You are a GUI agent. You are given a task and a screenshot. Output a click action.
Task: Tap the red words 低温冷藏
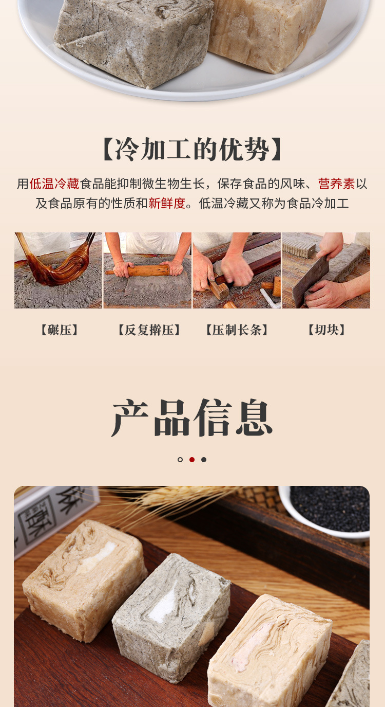(x=54, y=184)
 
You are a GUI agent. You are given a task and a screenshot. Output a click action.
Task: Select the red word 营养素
(x=336, y=184)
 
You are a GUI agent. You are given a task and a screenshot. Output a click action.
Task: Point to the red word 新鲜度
(x=167, y=203)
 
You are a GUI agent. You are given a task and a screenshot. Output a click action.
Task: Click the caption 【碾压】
(x=60, y=330)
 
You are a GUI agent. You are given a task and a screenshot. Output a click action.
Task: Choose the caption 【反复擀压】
(x=149, y=330)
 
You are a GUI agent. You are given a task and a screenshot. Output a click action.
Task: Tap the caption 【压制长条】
(x=237, y=330)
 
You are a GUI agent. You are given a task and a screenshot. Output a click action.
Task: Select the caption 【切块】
(x=326, y=330)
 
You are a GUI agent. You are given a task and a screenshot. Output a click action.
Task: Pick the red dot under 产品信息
(x=192, y=460)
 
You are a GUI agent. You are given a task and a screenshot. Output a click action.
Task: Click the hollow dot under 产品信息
(x=180, y=460)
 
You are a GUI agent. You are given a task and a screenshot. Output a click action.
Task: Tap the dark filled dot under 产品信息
(x=204, y=460)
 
